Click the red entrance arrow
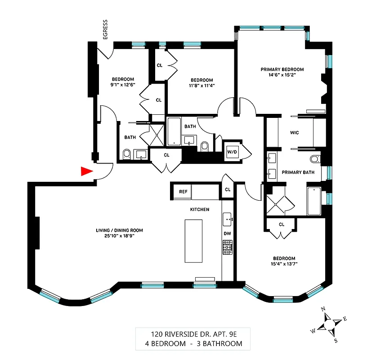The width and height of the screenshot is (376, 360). click(x=86, y=171)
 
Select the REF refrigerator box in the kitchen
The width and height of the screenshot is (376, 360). click(x=183, y=191)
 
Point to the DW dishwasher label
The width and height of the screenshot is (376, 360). click(x=227, y=234)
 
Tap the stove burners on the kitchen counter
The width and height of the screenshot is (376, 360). click(x=227, y=247)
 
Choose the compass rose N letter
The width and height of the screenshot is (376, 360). click(x=323, y=309)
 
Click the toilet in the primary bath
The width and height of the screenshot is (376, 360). click(x=315, y=159)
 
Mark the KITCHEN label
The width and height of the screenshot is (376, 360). click(x=199, y=210)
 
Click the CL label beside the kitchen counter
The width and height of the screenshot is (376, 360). click(x=228, y=189)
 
